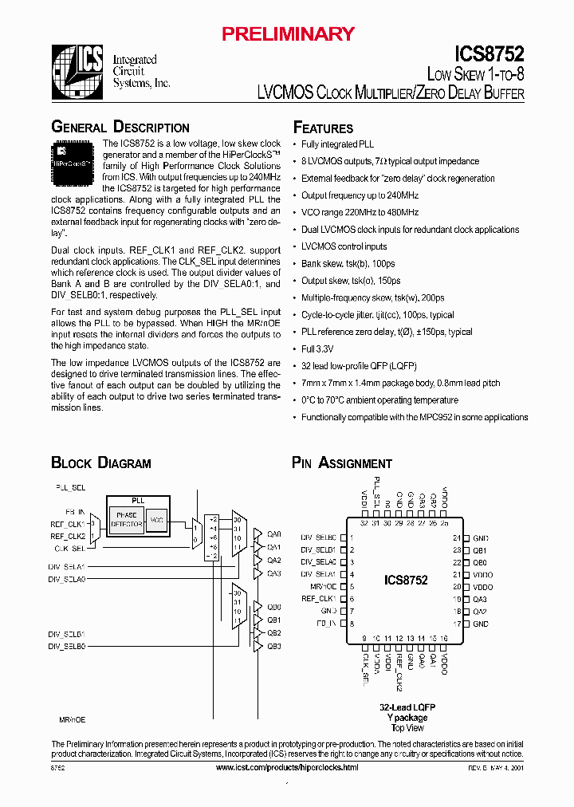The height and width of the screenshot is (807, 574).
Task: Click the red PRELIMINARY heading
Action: [288, 33]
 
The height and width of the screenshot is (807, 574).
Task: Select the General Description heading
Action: [120, 128]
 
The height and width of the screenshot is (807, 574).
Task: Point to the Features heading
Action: [323, 128]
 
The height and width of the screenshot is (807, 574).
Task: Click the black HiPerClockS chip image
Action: [73, 157]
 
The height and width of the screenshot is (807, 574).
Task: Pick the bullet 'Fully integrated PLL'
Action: [337, 144]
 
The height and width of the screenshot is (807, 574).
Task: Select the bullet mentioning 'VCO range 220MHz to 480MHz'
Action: [360, 212]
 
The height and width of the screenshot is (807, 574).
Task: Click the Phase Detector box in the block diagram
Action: [127, 519]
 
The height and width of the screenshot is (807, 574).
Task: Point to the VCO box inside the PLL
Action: [157, 519]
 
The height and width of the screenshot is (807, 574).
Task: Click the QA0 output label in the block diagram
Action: [274, 534]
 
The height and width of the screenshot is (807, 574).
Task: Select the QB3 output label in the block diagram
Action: [274, 645]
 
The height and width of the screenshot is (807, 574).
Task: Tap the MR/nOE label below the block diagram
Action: [73, 719]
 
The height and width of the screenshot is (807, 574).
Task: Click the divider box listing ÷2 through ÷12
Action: [211, 537]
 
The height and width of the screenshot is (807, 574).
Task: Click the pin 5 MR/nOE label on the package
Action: [320, 586]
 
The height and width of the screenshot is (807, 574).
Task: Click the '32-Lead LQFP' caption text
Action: [407, 707]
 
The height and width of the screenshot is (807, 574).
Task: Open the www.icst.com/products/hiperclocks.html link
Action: [287, 766]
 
